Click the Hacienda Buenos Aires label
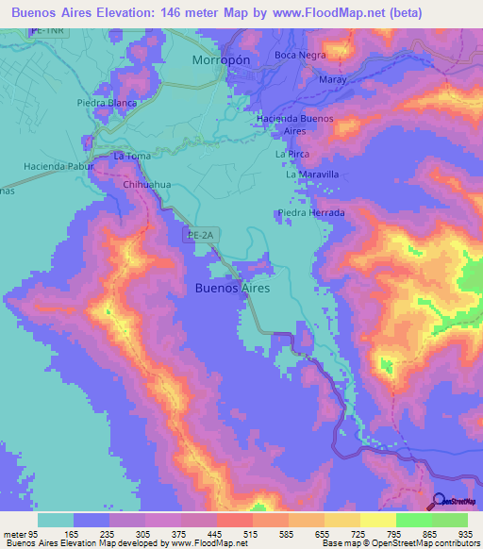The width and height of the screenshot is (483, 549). tap(296, 124)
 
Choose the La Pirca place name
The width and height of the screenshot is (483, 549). tap(291, 153)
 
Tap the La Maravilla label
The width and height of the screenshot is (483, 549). tap(312, 175)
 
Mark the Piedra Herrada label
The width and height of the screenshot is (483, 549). tap(311, 213)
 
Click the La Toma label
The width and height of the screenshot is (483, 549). tap(131, 155)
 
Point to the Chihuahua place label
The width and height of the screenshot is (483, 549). tap(147, 185)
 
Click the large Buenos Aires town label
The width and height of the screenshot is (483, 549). tap(232, 287)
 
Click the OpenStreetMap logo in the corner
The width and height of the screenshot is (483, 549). tap(455, 501)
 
